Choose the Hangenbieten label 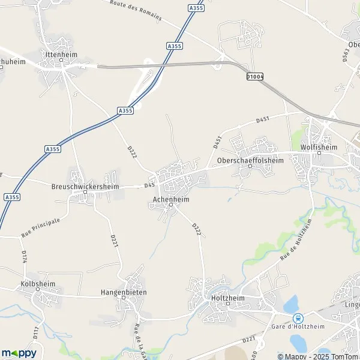(x=124, y=293)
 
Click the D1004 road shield (x=255, y=76)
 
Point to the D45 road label (x=149, y=185)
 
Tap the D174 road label (x=25, y=257)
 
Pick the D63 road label (x=346, y=56)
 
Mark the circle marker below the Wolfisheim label (x=319, y=153)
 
